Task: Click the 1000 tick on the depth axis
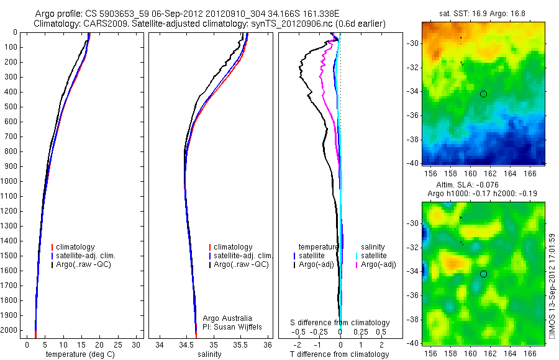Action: tap(10, 181)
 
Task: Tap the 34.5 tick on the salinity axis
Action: tap(186, 344)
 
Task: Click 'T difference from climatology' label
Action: tap(340, 354)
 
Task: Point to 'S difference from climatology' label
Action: tap(340, 323)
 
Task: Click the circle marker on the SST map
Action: tap(483, 94)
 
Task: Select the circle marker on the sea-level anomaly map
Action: tap(483, 274)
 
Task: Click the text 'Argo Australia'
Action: tap(228, 318)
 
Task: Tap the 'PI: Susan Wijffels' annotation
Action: tap(233, 326)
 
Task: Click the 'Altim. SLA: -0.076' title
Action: tap(483, 184)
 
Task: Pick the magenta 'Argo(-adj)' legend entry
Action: tap(378, 265)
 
